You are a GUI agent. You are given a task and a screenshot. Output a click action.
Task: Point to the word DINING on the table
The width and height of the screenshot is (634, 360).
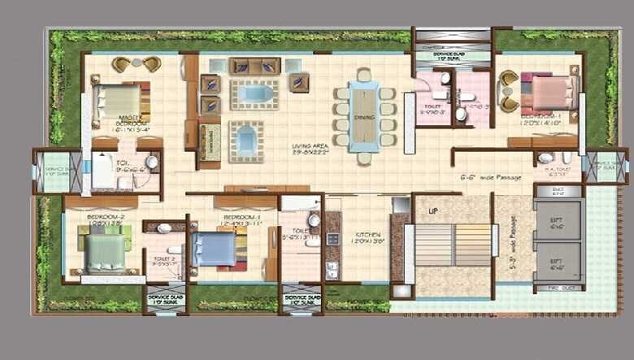click(x=363, y=115)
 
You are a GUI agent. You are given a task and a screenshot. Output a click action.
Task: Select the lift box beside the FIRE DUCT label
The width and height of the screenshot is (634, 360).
click(x=558, y=261)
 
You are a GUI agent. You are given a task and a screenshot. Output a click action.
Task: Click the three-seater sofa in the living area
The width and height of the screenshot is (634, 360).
click(x=254, y=67)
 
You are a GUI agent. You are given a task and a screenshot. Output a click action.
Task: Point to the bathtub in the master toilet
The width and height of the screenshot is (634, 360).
click(x=103, y=171)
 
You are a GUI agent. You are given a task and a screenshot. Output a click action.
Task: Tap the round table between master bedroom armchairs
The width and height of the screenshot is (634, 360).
click(x=137, y=62)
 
